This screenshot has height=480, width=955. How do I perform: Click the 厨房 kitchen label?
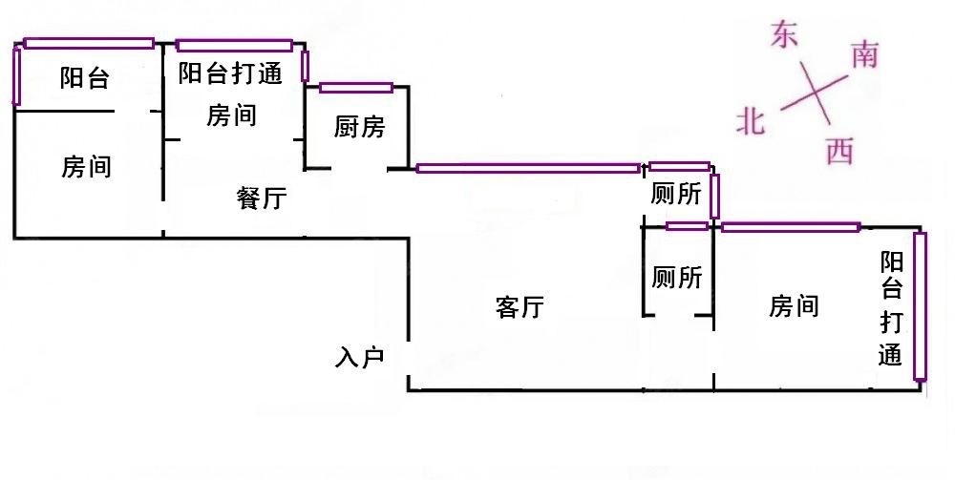[x=360, y=127]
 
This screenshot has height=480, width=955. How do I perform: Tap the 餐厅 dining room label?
[x=262, y=198]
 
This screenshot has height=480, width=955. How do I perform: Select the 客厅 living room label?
[x=520, y=307]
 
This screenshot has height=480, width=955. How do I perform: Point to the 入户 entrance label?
[x=360, y=358]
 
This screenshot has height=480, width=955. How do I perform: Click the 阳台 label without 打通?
[x=84, y=79]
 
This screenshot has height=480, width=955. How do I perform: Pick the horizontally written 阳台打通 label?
[x=231, y=73]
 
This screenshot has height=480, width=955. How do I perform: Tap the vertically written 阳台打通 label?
[x=891, y=310]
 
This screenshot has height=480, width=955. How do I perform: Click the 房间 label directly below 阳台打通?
[x=231, y=116]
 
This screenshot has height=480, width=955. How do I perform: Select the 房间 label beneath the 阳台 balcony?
[x=87, y=168]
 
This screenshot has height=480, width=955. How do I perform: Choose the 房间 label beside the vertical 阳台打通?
[x=794, y=306]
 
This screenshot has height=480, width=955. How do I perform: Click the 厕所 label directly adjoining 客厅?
[x=677, y=278]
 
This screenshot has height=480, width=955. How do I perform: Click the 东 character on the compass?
[x=784, y=36]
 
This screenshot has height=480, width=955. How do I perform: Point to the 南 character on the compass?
[x=863, y=56]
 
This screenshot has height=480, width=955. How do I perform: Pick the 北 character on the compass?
[x=752, y=121]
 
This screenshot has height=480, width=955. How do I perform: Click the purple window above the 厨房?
[x=356, y=88]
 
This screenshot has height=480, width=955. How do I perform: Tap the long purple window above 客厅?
[x=528, y=169]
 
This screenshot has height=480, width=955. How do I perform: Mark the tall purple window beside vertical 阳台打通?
[x=920, y=306]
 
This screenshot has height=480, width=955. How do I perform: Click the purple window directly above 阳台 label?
[x=89, y=43]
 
